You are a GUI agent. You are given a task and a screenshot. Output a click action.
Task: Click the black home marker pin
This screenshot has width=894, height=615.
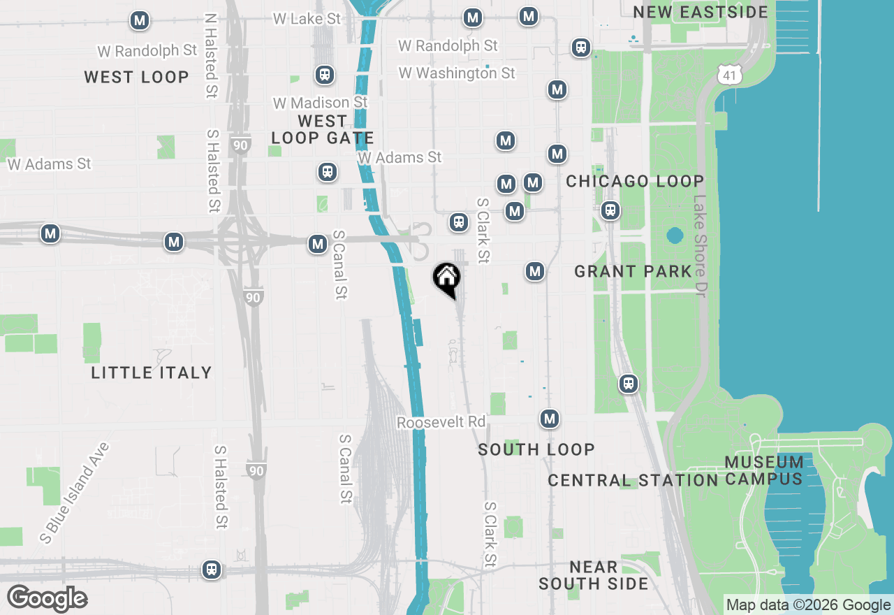coord(447,279)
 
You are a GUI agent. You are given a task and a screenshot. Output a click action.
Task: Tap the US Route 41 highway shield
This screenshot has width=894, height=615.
coord(731,73)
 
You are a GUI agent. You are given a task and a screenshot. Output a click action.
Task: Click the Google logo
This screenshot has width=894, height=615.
coord(47,598)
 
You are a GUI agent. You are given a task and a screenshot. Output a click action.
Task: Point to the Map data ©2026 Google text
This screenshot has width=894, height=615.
coord(808,605)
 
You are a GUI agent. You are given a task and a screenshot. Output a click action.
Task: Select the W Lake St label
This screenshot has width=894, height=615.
coord(307,19)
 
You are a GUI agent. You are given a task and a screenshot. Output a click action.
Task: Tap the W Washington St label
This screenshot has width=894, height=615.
coord(456,73)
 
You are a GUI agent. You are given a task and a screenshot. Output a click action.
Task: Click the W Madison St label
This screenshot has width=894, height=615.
coord(320,103)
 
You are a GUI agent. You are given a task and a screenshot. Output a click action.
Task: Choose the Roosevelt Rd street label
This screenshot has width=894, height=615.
coord(441,423)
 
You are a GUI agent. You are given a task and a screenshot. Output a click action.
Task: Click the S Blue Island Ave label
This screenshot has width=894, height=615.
coord(75,492)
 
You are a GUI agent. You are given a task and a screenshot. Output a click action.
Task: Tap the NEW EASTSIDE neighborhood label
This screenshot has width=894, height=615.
coord(700,12)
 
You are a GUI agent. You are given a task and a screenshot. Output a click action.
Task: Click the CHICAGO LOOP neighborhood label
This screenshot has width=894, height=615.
coord(634,182)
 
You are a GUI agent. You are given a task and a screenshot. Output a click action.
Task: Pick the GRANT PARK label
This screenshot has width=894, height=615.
coord(633,271)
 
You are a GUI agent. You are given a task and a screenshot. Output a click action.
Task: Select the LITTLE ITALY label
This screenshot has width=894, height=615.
coord(151,372)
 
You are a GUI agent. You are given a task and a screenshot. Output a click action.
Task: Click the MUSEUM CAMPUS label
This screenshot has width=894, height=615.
coord(763,470)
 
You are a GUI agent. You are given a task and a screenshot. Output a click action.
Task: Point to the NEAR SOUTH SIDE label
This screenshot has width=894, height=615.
coord(593,575)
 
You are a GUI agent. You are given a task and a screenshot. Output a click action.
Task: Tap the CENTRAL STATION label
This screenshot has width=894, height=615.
coord(633,481)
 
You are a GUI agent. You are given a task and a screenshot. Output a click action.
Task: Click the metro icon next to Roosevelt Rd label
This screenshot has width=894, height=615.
coord(550,419)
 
